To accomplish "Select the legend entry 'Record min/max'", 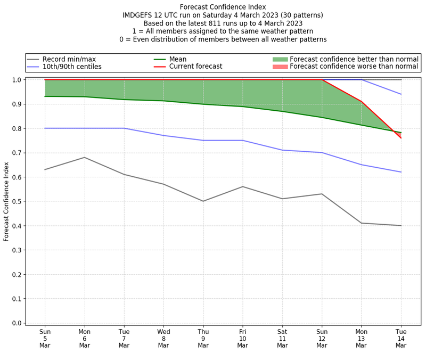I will click(x=69, y=59).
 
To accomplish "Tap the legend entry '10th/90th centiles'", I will click(x=72, y=67).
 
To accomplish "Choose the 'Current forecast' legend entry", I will click(x=195, y=67).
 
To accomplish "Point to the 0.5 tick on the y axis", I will click(x=17, y=201).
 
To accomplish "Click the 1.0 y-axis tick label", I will click(x=17, y=80).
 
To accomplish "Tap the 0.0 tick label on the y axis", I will click(x=17, y=323).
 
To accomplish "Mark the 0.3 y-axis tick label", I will click(x=17, y=250).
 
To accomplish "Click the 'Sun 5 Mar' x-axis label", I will click(x=45, y=338).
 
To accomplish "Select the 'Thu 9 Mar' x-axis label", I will click(x=203, y=338).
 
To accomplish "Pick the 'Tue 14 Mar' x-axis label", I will click(x=401, y=338).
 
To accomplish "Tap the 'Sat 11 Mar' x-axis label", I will click(x=282, y=338).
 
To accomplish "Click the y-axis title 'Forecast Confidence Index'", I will click(x=7, y=201).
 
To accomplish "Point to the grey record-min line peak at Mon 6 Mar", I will click(x=84, y=157).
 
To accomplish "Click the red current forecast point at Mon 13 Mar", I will click(x=362, y=101).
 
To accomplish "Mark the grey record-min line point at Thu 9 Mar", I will click(x=203, y=201).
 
